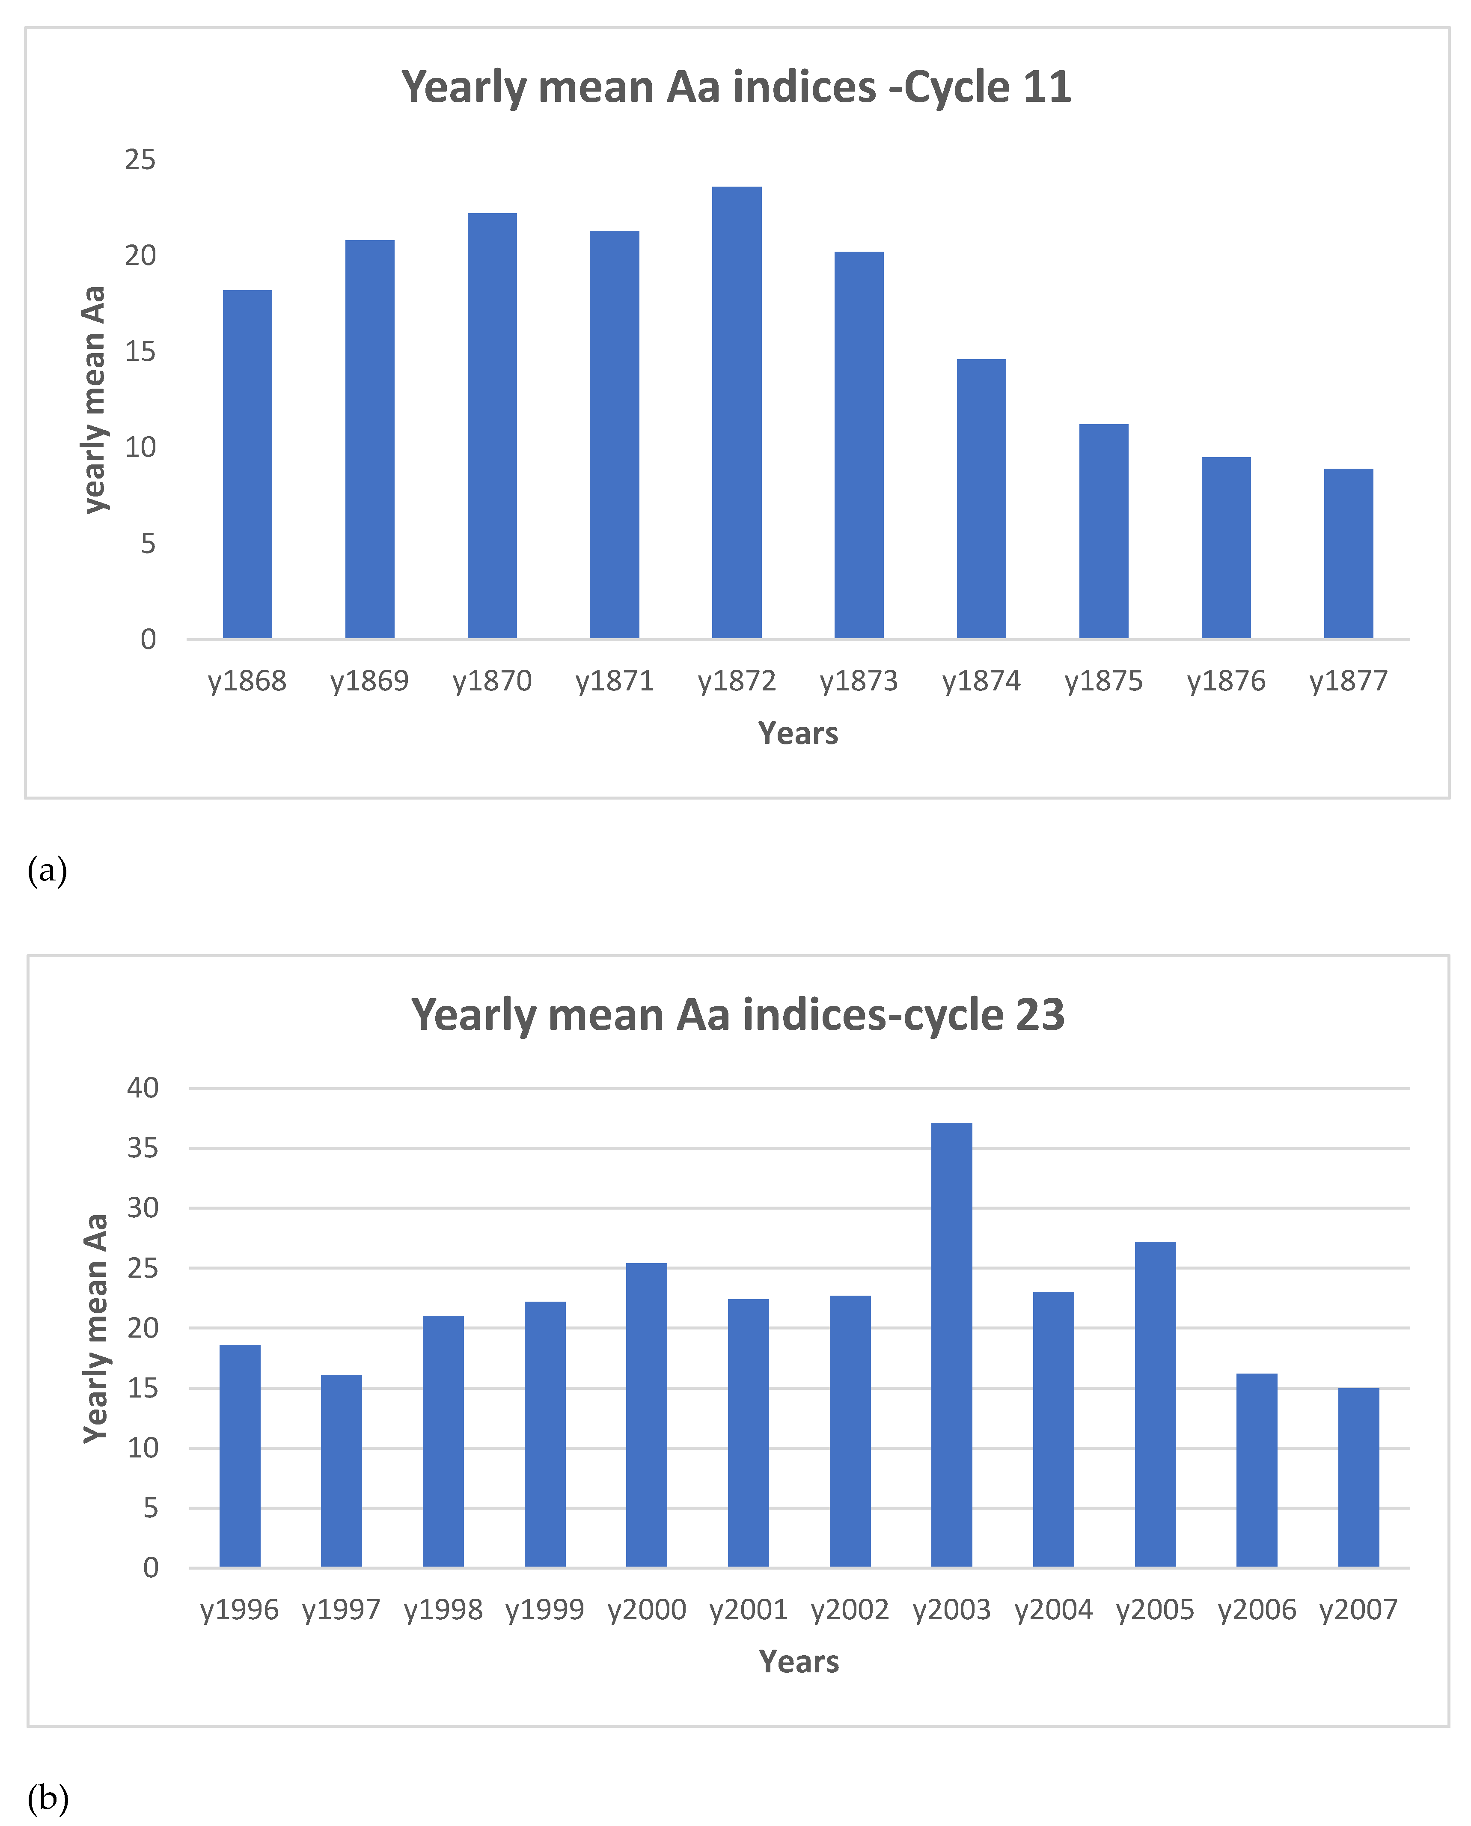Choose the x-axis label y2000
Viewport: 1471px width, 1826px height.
(x=647, y=1610)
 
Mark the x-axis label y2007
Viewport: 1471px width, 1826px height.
(x=1358, y=1610)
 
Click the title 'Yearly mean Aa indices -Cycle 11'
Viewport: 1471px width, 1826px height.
(x=736, y=87)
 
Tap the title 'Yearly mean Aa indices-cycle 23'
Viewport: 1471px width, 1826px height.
(x=737, y=1015)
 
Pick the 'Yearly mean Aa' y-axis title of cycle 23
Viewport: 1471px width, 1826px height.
(x=96, y=1329)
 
